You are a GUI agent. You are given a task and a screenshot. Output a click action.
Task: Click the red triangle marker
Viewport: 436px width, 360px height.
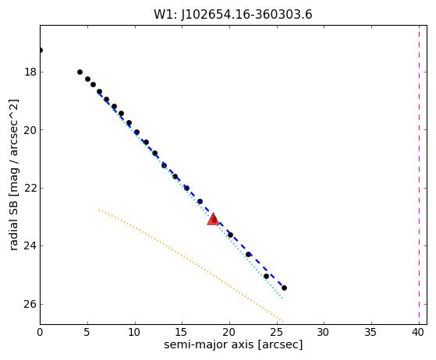(213, 219)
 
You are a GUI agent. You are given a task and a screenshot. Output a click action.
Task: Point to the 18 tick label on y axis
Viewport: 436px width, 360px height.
(30, 72)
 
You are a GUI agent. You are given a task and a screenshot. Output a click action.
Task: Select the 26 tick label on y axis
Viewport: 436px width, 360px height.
(30, 304)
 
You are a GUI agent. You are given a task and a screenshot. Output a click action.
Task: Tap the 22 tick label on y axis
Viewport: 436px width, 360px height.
(30, 188)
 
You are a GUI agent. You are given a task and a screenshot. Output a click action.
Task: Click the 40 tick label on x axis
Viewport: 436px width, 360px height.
(418, 332)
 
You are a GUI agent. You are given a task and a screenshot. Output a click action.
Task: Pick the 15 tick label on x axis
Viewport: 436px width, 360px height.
(182, 332)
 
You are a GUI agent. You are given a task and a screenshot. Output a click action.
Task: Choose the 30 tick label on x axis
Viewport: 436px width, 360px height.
(324, 332)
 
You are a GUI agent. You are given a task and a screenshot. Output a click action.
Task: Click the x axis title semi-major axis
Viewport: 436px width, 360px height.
(209, 344)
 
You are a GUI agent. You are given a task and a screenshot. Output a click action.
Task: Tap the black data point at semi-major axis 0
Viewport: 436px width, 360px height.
(41, 51)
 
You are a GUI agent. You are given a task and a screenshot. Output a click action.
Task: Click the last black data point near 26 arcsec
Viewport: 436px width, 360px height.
(284, 288)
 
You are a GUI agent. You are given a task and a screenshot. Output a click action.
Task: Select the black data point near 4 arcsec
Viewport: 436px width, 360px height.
(80, 72)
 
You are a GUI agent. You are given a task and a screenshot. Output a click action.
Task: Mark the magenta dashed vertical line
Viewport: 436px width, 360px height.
(419, 175)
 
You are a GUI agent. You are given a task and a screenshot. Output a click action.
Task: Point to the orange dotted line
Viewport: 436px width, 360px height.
(191, 266)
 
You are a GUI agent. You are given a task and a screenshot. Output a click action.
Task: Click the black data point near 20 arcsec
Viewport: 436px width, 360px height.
(230, 235)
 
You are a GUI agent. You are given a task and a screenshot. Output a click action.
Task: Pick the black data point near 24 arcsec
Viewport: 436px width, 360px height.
(267, 276)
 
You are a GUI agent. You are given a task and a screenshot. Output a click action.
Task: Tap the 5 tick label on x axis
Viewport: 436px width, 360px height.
(87, 332)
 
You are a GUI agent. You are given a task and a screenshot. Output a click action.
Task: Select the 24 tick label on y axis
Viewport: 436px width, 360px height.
(30, 246)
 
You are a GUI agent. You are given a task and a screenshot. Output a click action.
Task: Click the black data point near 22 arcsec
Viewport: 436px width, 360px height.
(248, 254)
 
